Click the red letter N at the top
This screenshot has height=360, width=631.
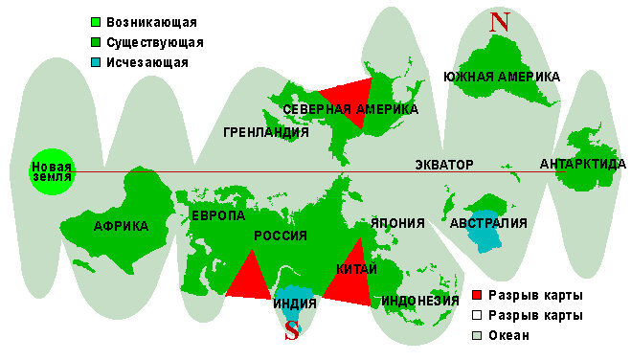(498, 23)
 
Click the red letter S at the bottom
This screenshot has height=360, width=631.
(293, 330)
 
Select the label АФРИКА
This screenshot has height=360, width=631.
(121, 226)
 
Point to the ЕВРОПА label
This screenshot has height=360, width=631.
(218, 216)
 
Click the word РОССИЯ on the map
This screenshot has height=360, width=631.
(280, 236)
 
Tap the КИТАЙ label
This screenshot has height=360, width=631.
(356, 270)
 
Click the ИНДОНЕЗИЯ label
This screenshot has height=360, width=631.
(420, 301)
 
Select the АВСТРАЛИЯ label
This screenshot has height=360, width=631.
(488, 224)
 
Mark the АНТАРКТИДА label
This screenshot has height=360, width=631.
(583, 164)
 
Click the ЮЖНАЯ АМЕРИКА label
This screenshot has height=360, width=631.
(502, 77)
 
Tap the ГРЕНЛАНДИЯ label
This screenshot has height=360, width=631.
(265, 132)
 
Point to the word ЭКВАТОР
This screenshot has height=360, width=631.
(444, 165)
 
